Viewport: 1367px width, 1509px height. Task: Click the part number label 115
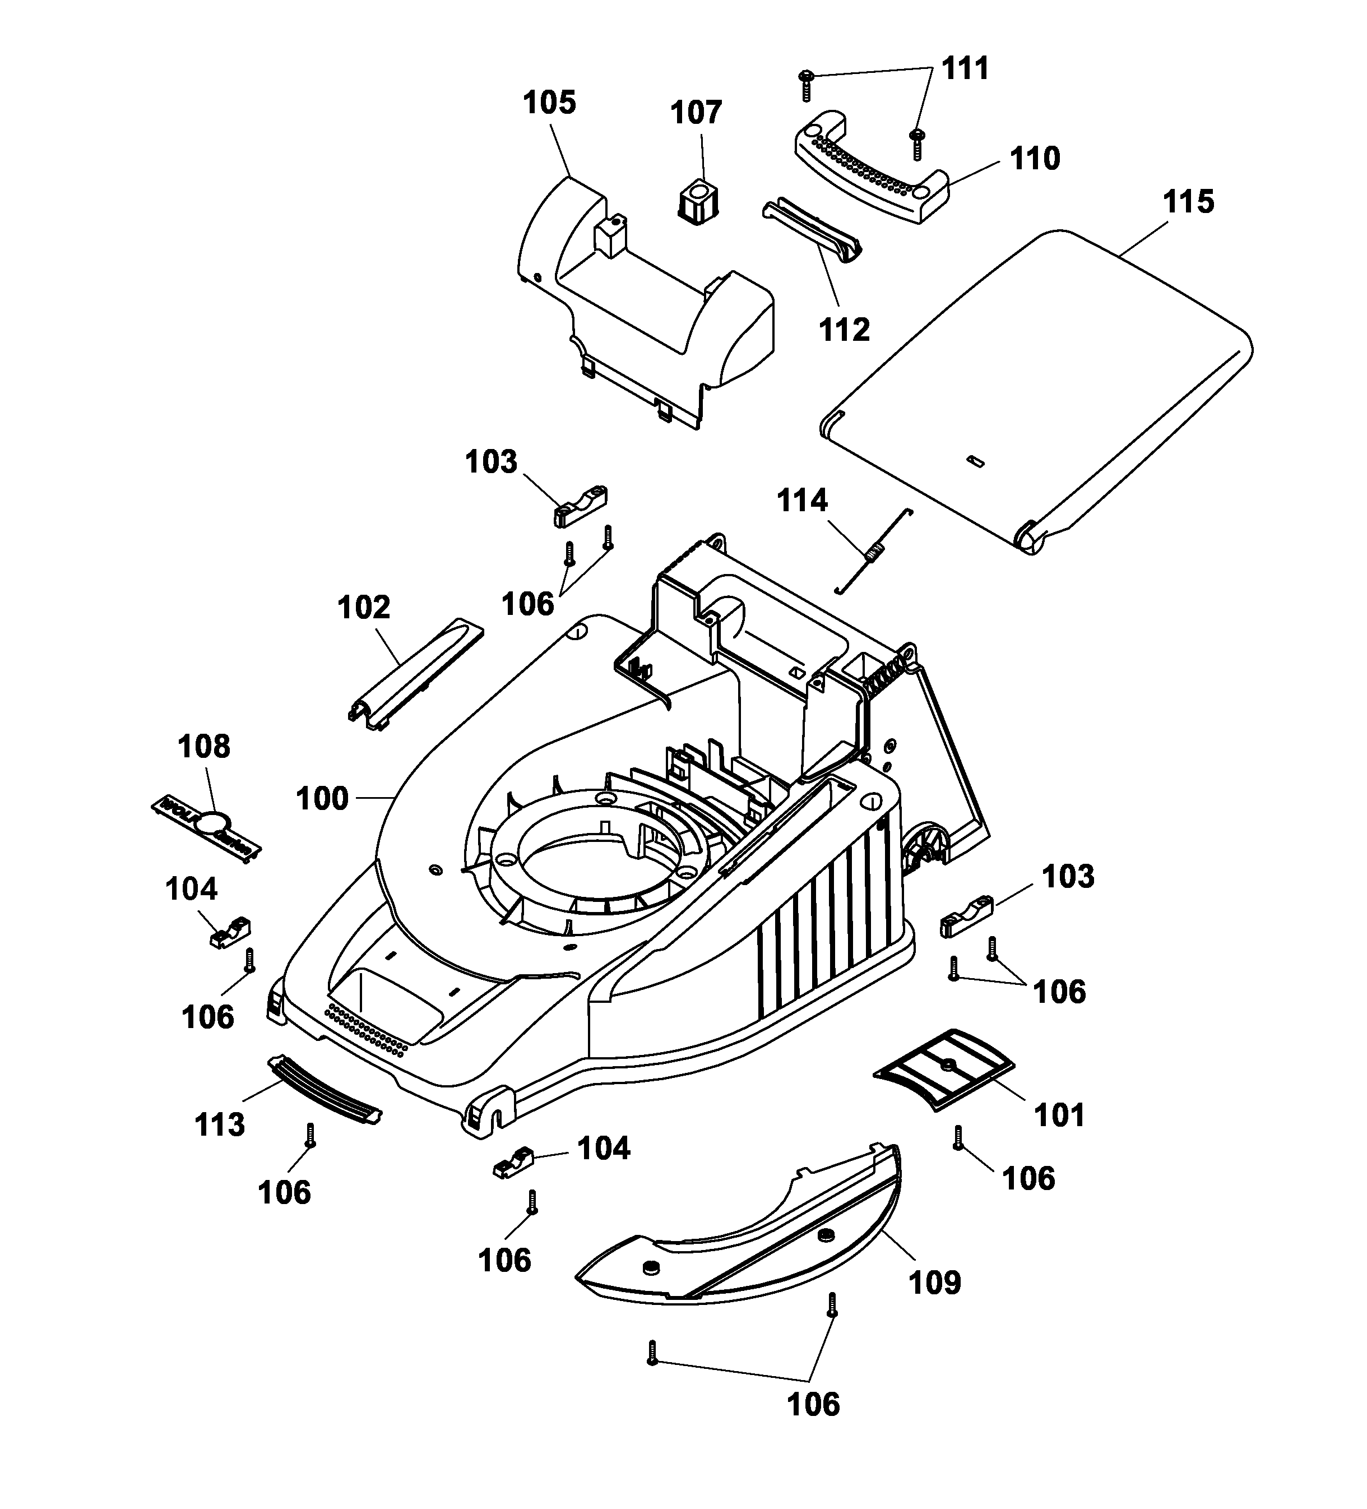pos(1188,202)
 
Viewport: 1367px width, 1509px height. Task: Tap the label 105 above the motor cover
pos(549,103)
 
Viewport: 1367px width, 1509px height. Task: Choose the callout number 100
pos(322,799)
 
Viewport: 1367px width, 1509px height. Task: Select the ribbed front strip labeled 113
pos(324,1089)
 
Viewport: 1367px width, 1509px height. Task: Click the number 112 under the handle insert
pos(845,330)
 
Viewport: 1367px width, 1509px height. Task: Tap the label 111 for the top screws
pos(965,69)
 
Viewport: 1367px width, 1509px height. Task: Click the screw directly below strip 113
pos(311,1136)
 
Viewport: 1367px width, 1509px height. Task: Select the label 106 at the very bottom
pos(813,1405)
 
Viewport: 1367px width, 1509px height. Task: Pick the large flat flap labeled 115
pos(1040,389)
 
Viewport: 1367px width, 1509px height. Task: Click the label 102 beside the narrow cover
pos(364,608)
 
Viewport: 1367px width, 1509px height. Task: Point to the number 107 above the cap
pos(696,113)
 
